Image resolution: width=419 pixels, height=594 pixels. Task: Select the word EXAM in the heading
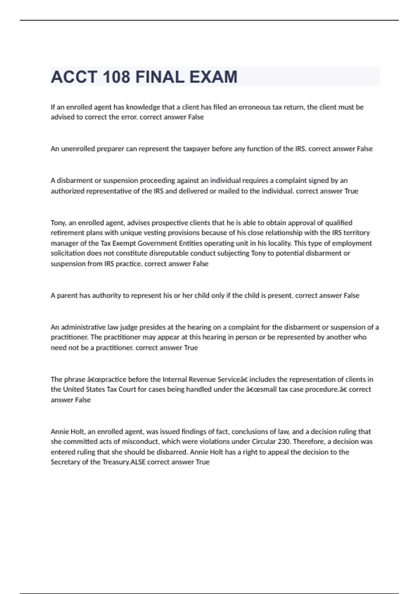pyautogui.click(x=213, y=77)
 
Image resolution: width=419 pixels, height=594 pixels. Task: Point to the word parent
pyautogui.click(x=67, y=295)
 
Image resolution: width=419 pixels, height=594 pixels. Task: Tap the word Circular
pyautogui.click(x=264, y=441)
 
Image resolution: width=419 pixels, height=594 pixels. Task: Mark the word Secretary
pyautogui.click(x=65, y=462)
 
